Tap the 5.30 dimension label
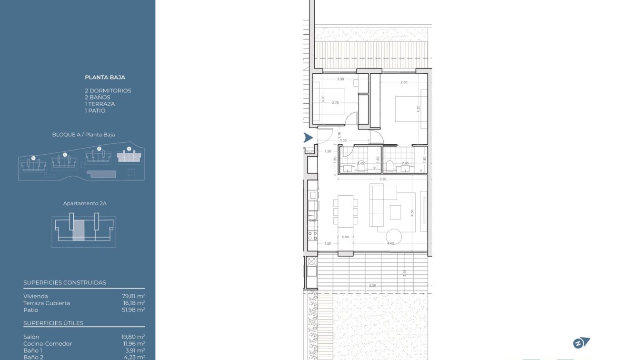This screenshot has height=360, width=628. (383, 179)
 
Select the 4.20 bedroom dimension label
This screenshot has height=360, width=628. (419, 108)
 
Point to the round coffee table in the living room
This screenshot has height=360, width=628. (394, 236)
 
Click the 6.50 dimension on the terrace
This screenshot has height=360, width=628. (373, 285)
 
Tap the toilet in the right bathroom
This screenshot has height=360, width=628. (389, 165)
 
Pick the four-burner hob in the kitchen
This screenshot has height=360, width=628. (312, 235)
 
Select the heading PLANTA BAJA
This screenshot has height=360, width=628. (105, 77)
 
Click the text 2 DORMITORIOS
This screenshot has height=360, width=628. (108, 90)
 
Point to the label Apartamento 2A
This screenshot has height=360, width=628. (85, 203)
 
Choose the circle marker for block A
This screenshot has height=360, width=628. (129, 149)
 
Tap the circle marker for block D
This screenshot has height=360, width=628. (33, 158)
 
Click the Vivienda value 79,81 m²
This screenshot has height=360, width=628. (133, 296)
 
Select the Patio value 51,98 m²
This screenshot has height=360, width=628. (133, 310)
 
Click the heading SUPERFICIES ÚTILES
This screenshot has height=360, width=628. (53, 323)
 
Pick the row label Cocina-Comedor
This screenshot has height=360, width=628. (48, 343)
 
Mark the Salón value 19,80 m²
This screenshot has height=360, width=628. (133, 337)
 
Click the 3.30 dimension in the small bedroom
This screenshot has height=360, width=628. (340, 79)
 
